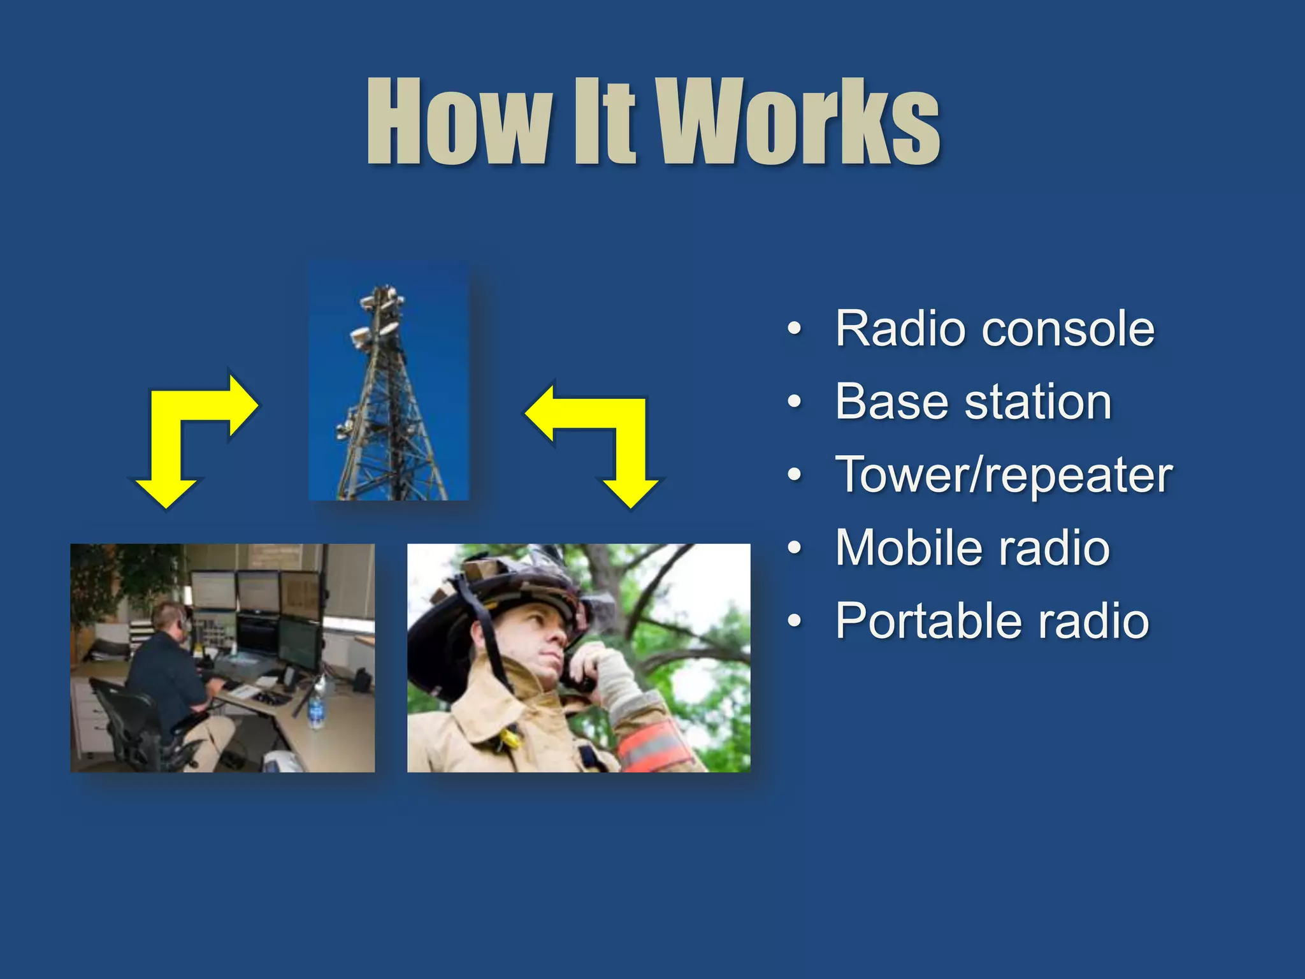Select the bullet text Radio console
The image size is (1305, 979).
coord(994,329)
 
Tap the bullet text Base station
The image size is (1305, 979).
coord(973,402)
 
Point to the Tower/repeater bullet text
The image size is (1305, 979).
coord(1004,475)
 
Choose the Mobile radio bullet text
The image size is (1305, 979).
coord(972,548)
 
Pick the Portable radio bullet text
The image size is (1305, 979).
coord(992,621)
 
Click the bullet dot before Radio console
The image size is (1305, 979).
coord(794,330)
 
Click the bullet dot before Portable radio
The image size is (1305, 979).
coord(794,621)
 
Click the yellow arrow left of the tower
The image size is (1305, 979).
coord(185,433)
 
